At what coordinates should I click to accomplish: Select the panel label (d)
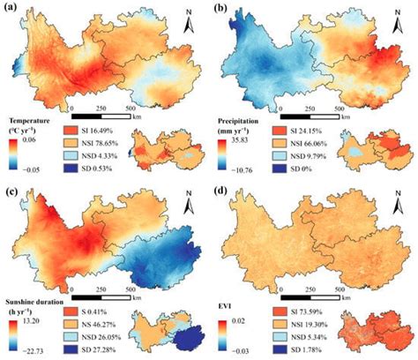(220, 188)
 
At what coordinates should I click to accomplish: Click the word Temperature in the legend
(34, 122)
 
